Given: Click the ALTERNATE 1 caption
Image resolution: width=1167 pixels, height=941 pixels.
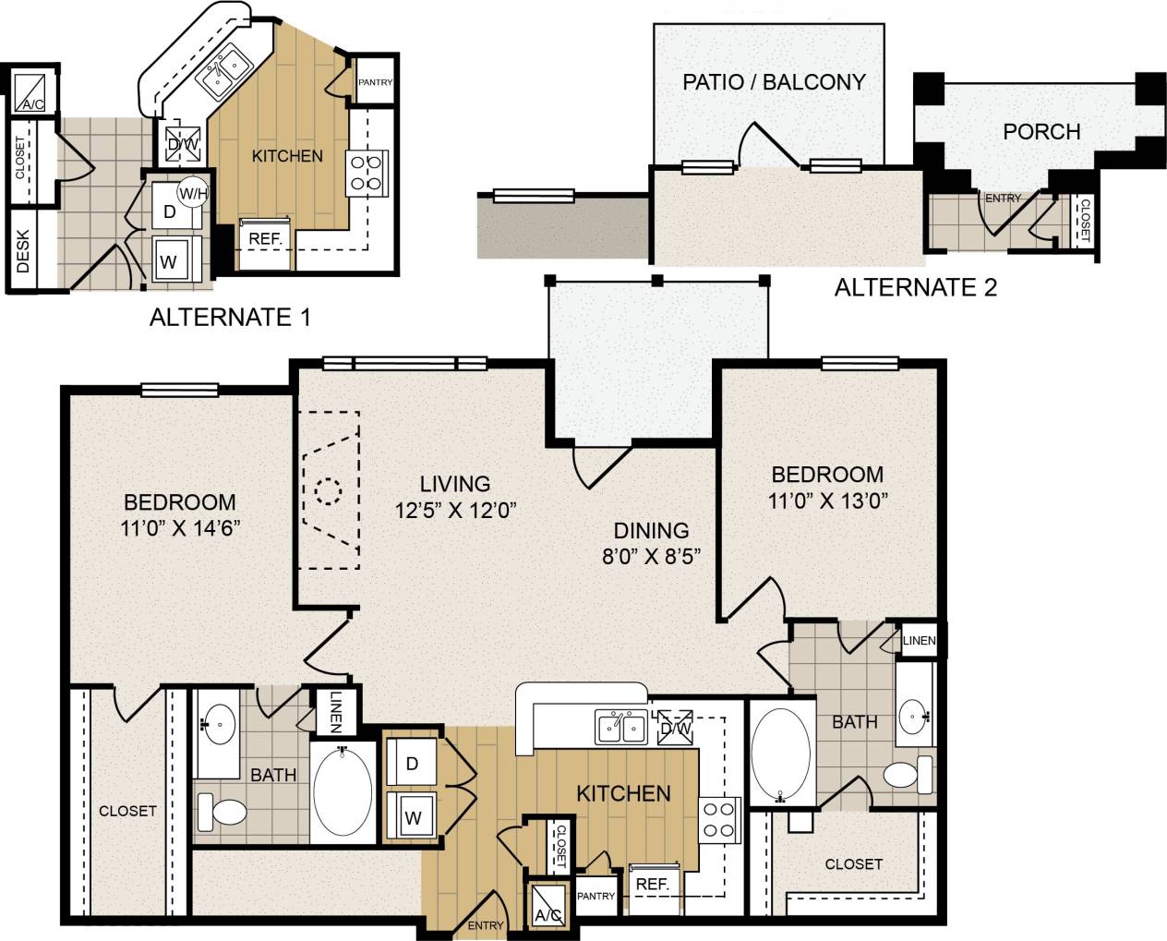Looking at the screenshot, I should click(x=230, y=318).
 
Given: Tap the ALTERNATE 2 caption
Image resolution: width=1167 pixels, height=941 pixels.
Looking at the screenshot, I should click(x=915, y=287).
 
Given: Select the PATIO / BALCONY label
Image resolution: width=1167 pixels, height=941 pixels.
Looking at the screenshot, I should click(x=774, y=82).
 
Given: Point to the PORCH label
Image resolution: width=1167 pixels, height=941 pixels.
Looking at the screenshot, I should click(x=1041, y=132).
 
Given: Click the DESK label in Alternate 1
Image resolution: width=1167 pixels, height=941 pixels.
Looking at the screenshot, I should click(x=24, y=251).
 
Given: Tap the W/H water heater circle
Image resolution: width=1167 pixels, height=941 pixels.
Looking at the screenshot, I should click(x=193, y=193).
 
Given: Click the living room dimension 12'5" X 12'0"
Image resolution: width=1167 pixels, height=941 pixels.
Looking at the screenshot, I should click(x=455, y=510).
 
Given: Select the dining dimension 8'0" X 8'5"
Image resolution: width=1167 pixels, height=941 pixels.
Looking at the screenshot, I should click(x=652, y=557).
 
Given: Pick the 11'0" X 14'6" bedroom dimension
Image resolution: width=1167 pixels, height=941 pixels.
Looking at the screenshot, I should click(x=180, y=528).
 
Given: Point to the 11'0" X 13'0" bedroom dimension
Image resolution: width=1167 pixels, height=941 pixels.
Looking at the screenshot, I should click(x=827, y=501).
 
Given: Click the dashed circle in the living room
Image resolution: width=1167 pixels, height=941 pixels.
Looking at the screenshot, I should click(x=328, y=491).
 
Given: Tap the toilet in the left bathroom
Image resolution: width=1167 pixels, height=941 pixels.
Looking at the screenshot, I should click(x=223, y=811).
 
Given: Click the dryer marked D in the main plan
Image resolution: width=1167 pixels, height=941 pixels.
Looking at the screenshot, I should click(x=412, y=764).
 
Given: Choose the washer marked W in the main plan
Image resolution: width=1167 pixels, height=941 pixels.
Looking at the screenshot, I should click(x=412, y=816).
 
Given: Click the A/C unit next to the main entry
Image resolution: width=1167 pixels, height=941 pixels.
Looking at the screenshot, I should click(x=547, y=906).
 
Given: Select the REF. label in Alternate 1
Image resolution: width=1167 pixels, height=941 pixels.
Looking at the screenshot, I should click(x=265, y=238).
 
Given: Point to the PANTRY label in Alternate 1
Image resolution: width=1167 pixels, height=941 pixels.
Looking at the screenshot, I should click(x=375, y=83).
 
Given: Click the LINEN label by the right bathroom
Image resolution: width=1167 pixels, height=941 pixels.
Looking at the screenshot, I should click(x=919, y=641).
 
